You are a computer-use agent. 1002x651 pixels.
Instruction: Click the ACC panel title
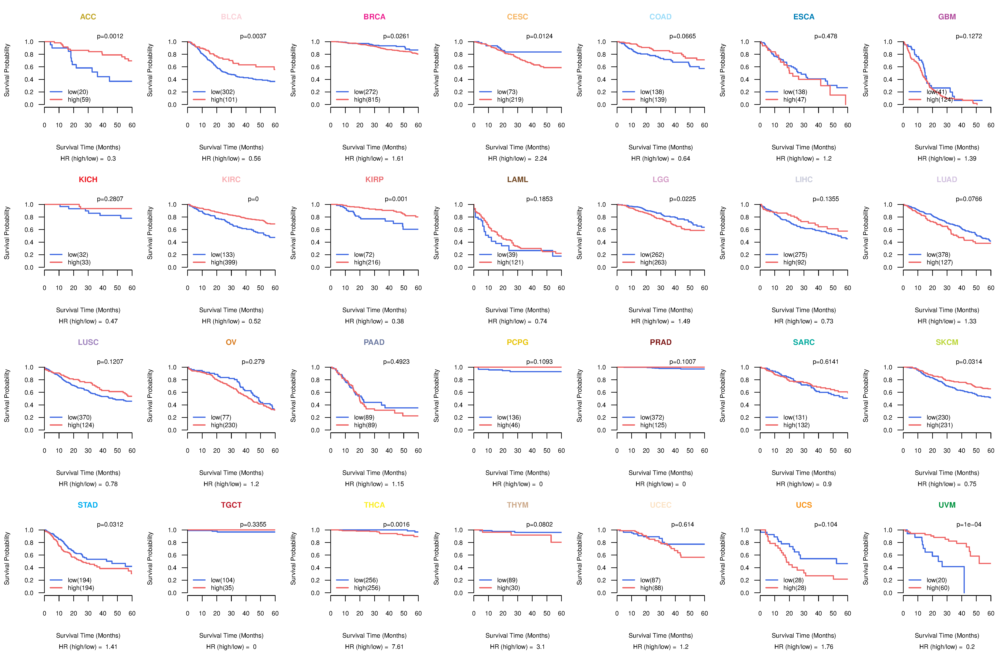click(88, 17)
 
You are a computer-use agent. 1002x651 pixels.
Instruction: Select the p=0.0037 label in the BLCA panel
click(253, 36)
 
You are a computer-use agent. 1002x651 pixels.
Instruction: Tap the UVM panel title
click(947, 505)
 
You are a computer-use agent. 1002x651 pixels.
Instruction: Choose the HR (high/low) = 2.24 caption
click(517, 159)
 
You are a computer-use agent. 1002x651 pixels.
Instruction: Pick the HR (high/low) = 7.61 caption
click(374, 647)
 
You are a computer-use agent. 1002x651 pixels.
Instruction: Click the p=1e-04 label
click(969, 524)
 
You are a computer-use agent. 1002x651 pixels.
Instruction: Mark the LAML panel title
click(517, 180)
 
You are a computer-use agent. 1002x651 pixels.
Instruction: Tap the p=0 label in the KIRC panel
click(253, 199)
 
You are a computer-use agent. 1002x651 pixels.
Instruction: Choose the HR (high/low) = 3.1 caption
click(517, 647)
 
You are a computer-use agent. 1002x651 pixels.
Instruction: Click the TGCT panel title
click(231, 505)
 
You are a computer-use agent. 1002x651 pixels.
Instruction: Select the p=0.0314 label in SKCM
click(969, 362)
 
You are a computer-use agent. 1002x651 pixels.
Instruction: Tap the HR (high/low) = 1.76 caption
click(804, 647)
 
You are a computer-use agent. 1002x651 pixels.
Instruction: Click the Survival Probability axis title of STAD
click(7, 558)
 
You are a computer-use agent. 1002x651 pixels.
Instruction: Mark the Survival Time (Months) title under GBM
click(947, 147)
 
